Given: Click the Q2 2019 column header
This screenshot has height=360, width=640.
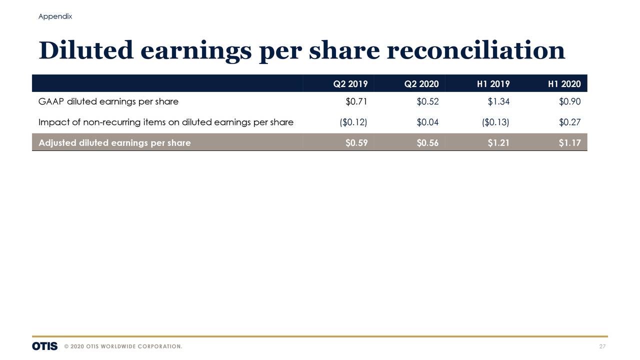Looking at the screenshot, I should coord(350,84).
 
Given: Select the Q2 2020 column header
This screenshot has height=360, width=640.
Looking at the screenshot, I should coord(421,84).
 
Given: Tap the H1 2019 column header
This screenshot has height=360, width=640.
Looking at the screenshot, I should coord(493,84).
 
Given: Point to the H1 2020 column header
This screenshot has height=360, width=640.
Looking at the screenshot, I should coord(564,84).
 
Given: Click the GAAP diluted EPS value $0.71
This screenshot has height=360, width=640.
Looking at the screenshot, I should coord(356,102).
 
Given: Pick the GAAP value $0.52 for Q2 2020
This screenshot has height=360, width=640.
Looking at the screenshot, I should coord(427,102).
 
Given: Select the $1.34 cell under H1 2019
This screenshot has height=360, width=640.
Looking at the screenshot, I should coord(498,102).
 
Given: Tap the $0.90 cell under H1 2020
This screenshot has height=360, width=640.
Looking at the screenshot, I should coord(569,102).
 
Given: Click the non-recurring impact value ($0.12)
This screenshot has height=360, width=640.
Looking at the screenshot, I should coord(353,122).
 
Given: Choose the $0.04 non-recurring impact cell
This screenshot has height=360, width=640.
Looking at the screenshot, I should coord(427,122).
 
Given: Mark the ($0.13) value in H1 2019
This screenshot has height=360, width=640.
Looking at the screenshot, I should coord(495,122).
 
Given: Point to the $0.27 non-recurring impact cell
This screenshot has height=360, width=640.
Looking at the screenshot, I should coord(569,122).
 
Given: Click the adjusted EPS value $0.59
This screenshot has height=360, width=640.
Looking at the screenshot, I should coord(356,143).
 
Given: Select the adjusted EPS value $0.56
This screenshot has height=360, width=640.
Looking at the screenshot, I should coord(427,143).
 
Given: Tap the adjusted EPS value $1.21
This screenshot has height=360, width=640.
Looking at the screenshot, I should coord(498,143).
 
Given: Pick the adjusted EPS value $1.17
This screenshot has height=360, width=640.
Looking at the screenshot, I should coord(569,143).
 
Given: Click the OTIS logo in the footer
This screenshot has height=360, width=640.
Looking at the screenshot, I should coord(44,346).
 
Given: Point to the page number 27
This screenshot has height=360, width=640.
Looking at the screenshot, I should coord(602,347).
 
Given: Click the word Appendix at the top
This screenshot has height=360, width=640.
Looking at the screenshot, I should coord(55,16).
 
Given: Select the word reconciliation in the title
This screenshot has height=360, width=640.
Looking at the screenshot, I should coord(475,50).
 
